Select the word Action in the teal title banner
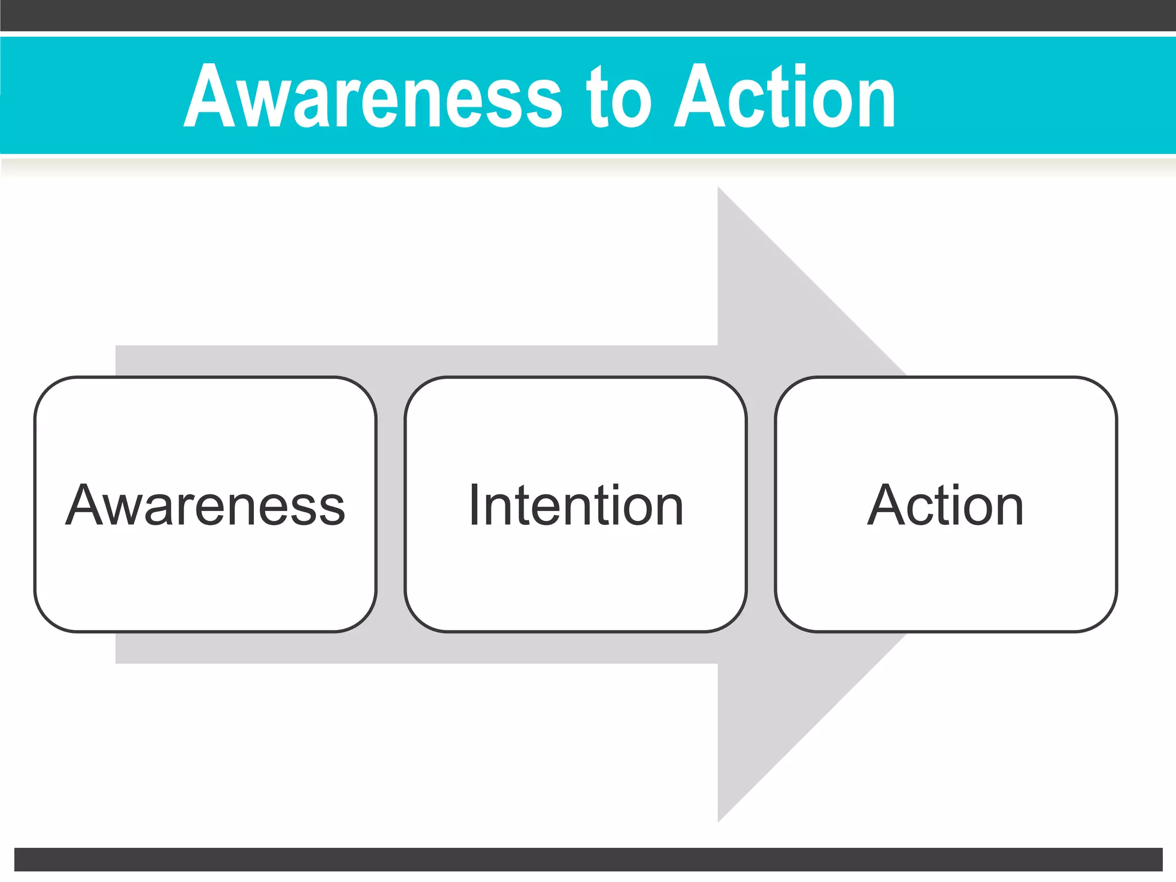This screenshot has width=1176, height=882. (784, 96)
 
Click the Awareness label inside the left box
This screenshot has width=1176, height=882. (205, 505)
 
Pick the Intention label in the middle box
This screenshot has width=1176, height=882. (576, 505)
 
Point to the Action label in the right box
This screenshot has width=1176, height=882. (945, 505)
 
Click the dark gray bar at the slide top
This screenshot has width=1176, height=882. (588, 15)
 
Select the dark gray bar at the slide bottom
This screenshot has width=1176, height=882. (588, 859)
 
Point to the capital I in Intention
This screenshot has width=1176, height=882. (474, 505)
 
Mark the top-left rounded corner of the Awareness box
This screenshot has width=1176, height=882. (47, 390)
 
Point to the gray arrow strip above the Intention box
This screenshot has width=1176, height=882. (576, 361)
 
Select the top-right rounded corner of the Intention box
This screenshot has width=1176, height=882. (734, 390)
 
